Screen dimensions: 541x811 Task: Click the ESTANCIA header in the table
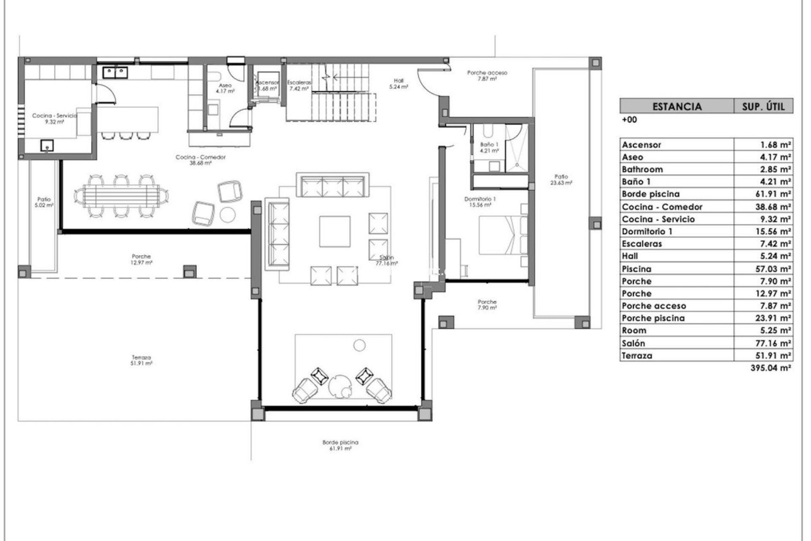click(x=677, y=106)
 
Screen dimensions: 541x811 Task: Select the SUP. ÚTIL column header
click(x=763, y=106)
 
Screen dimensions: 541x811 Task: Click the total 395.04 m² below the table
click(x=770, y=368)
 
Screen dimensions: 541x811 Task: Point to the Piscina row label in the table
click(x=636, y=269)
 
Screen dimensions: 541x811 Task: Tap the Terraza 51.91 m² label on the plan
click(x=141, y=360)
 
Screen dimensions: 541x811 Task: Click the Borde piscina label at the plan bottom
click(x=340, y=445)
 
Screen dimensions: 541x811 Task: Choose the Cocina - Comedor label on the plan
click(x=201, y=159)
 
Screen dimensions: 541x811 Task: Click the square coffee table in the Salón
click(x=335, y=231)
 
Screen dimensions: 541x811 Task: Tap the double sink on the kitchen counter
click(x=115, y=73)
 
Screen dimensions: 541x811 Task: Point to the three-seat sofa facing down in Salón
click(x=332, y=185)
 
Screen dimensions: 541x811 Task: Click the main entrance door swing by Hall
click(x=427, y=81)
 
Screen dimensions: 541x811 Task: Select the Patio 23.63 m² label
click(x=561, y=180)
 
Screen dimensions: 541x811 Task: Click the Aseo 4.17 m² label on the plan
click(x=225, y=88)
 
